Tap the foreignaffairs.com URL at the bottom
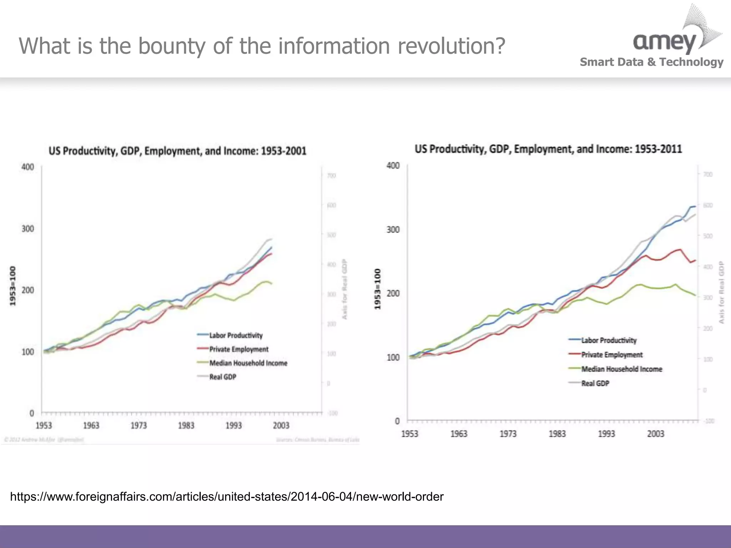pyautogui.click(x=227, y=497)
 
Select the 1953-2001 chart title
pyautogui.click(x=177, y=151)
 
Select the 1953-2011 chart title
pyautogui.click(x=548, y=149)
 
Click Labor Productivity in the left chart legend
pyautogui.click(x=236, y=335)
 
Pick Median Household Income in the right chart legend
pyautogui.click(x=621, y=369)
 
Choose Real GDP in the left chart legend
pyautogui.click(x=222, y=377)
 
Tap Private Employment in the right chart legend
pyautogui.click(x=612, y=355)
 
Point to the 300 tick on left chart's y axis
pyautogui.click(x=28, y=229)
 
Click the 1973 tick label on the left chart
pyautogui.click(x=138, y=426)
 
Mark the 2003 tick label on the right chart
pyautogui.click(x=656, y=434)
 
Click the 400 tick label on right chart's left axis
pyautogui.click(x=393, y=166)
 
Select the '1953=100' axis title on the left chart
pyautogui.click(x=13, y=286)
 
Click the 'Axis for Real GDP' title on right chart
pyautogui.click(x=721, y=293)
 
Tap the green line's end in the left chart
pyautogui.click(x=272, y=284)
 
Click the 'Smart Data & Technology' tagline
pyautogui.click(x=651, y=62)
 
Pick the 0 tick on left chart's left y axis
pyautogui.click(x=32, y=413)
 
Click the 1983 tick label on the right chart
pyautogui.click(x=557, y=434)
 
